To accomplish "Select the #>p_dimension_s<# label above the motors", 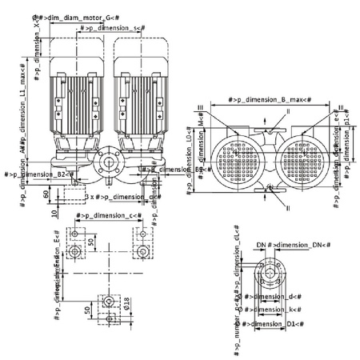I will point(111,28).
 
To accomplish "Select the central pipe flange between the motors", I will point(107,167).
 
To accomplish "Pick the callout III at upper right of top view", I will point(342,106).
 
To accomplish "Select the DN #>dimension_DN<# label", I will point(281,243).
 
